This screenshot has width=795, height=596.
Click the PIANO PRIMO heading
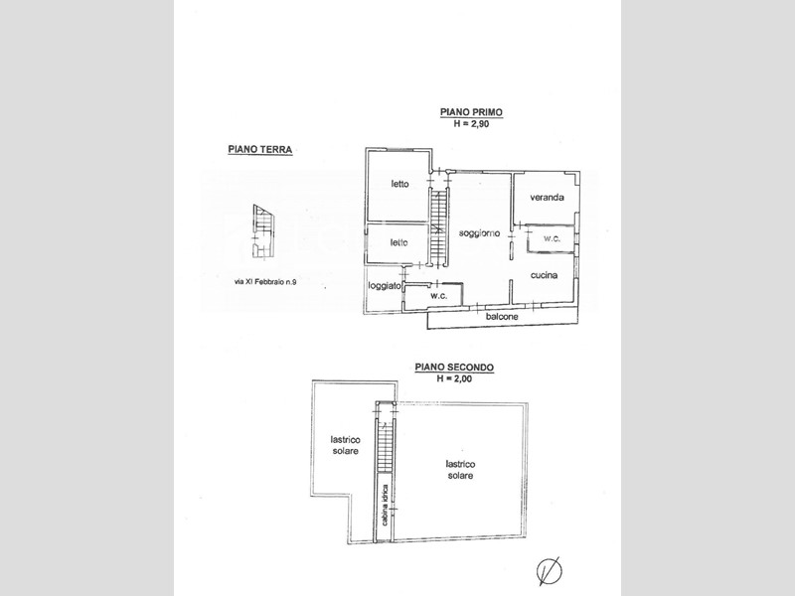tap(471, 112)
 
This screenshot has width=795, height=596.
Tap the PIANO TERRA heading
tap(260, 150)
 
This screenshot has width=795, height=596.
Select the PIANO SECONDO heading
tap(454, 367)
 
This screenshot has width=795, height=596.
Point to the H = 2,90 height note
tap(471, 123)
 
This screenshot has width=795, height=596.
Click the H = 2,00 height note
tap(454, 378)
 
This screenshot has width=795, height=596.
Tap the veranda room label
tap(548, 197)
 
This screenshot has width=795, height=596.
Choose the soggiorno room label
tap(479, 233)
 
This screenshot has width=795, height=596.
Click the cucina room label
tap(544, 275)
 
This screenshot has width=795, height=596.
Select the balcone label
tap(502, 317)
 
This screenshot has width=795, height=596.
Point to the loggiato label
tap(385, 286)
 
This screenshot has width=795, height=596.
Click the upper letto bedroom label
tap(400, 184)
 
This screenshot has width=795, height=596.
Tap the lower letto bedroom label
tap(399, 242)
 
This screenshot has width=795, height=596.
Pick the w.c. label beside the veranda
tap(553, 238)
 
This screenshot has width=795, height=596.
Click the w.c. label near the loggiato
tap(438, 296)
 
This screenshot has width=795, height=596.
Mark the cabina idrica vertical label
tap(386, 505)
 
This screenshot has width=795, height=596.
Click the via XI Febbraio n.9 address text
tap(265, 282)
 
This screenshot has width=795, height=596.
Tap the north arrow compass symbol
tap(550, 570)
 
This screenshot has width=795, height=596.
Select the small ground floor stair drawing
tap(263, 232)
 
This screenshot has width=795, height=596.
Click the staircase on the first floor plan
tap(439, 226)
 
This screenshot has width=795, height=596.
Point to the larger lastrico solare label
tap(460, 470)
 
